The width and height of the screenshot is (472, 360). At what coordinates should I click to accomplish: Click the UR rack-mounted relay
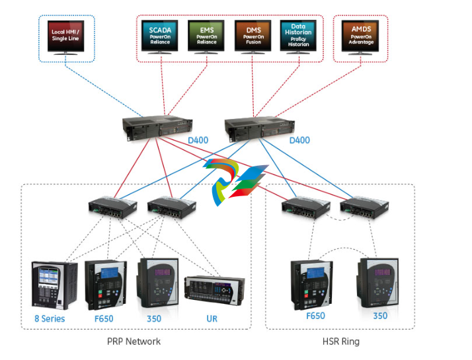coord(219,290)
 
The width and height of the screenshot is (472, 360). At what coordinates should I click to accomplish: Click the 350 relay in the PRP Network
coord(157,283)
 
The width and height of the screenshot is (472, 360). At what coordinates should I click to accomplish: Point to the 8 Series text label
coord(50,318)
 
